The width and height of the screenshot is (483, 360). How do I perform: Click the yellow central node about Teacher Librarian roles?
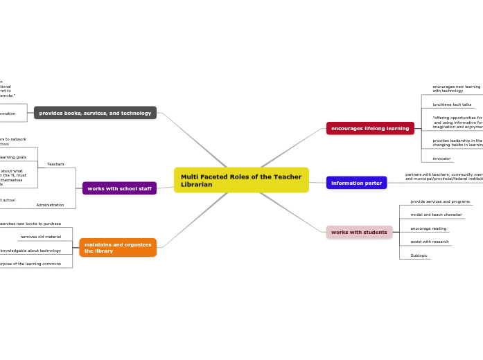240,180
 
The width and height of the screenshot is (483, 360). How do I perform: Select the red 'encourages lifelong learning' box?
370,128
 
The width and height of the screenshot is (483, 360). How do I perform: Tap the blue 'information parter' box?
356,183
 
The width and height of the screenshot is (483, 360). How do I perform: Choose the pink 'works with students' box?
359,232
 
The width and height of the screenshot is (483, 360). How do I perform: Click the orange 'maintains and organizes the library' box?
118,247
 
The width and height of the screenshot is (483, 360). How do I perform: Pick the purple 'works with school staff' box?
119,188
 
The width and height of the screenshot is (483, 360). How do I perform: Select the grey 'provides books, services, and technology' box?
95,113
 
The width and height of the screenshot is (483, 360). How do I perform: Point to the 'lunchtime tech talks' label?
452,105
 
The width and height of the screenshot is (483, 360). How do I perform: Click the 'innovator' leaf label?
441,159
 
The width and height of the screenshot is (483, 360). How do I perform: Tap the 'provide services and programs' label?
440,201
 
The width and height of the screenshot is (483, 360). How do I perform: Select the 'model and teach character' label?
436,215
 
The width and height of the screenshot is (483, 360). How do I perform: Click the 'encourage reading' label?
428,228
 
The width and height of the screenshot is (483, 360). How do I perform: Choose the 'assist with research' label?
430,242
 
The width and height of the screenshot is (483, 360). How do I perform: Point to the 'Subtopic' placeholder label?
419,255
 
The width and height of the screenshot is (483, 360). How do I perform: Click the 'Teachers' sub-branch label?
55,164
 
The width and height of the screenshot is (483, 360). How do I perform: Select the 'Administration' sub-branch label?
50,205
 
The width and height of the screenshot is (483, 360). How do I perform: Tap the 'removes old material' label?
40,237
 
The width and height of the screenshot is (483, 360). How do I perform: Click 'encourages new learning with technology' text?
456,89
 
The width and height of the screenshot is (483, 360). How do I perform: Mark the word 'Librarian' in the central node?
197,185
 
